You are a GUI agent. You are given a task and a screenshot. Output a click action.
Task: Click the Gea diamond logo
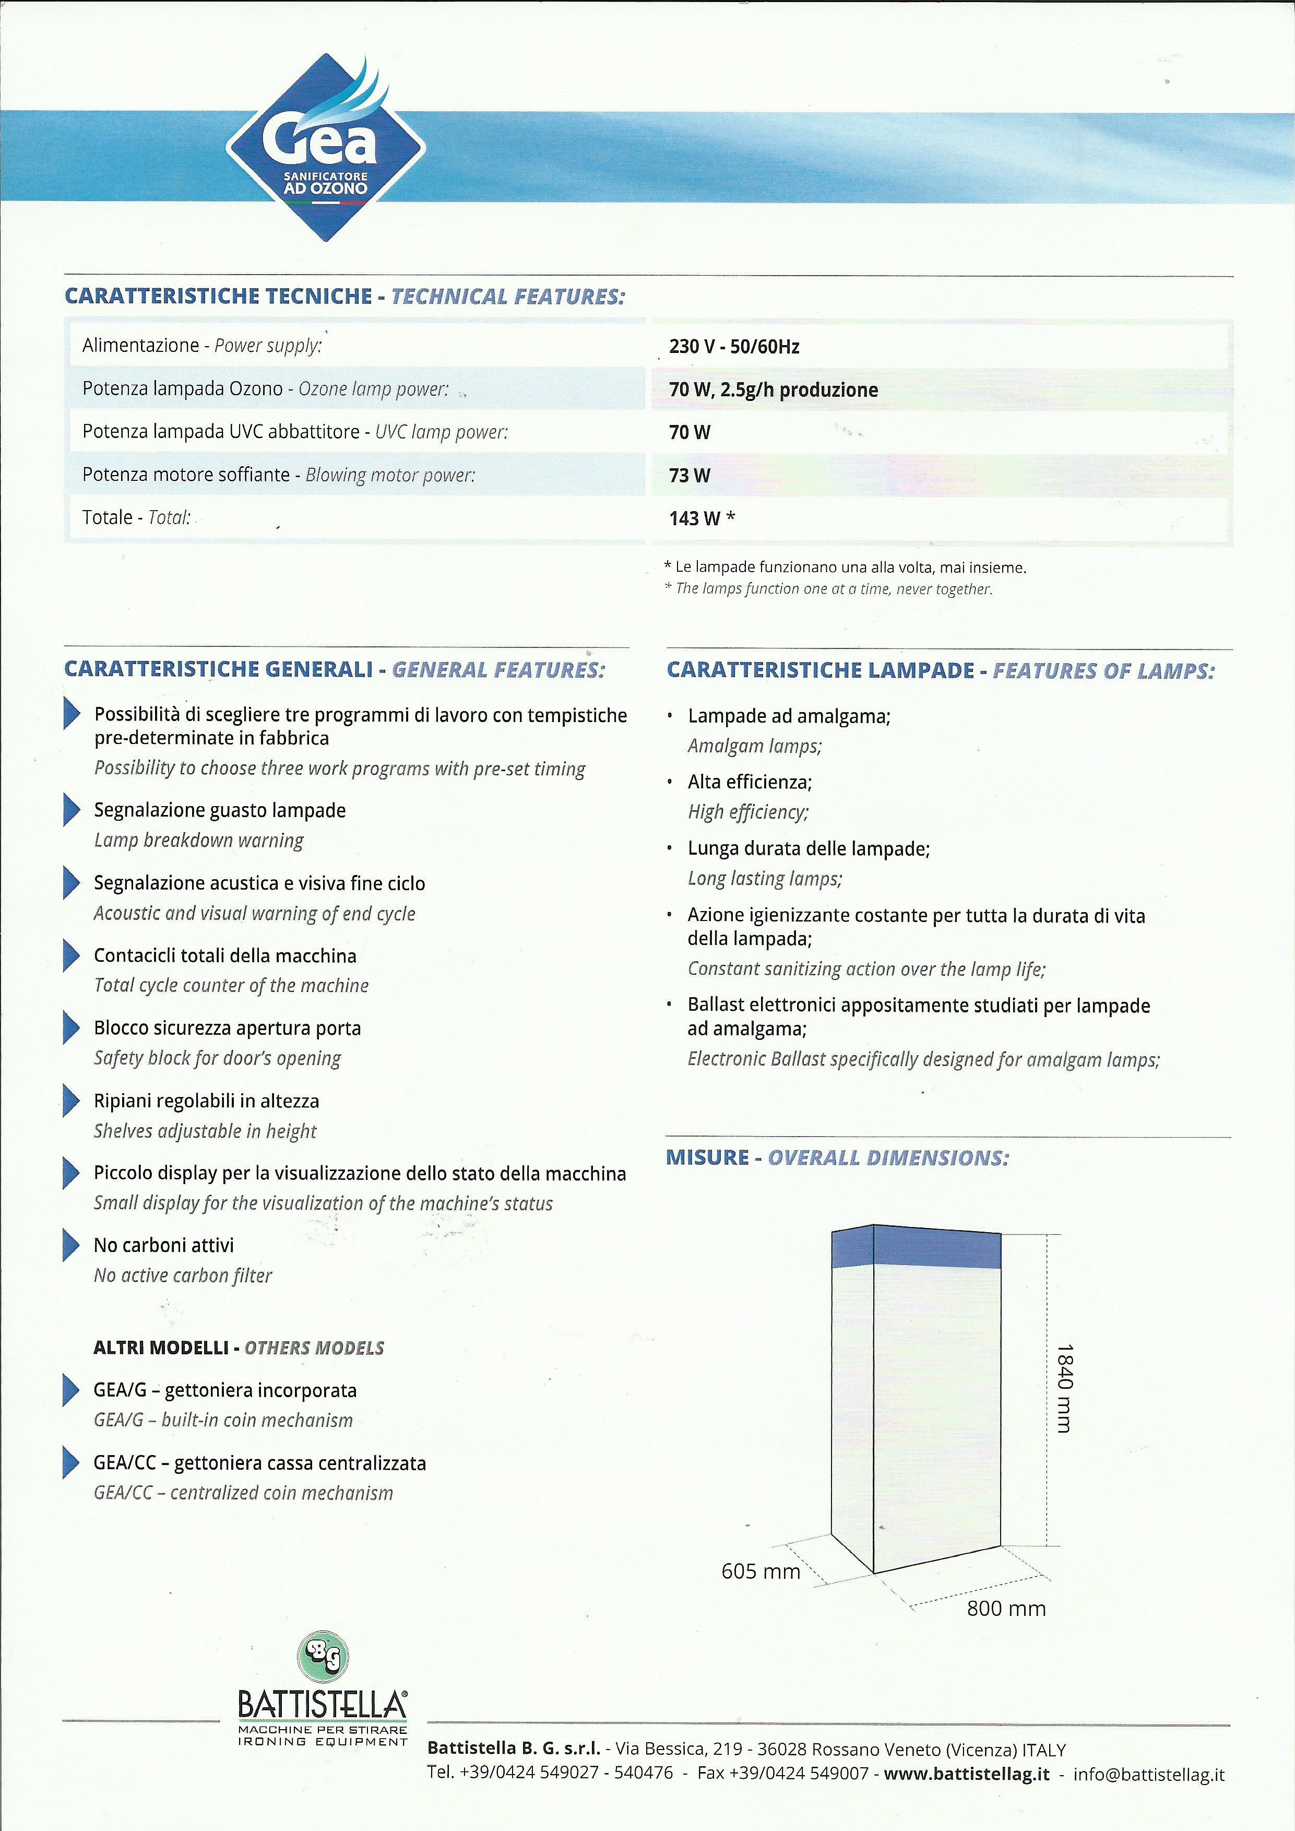point(325,148)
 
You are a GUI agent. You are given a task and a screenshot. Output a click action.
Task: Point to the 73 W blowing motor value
point(690,475)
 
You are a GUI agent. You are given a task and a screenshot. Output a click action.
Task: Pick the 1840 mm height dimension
point(1064,1388)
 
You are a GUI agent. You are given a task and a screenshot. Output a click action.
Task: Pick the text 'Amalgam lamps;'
point(754,747)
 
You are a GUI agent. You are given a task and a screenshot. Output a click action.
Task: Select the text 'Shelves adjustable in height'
point(205,1131)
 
